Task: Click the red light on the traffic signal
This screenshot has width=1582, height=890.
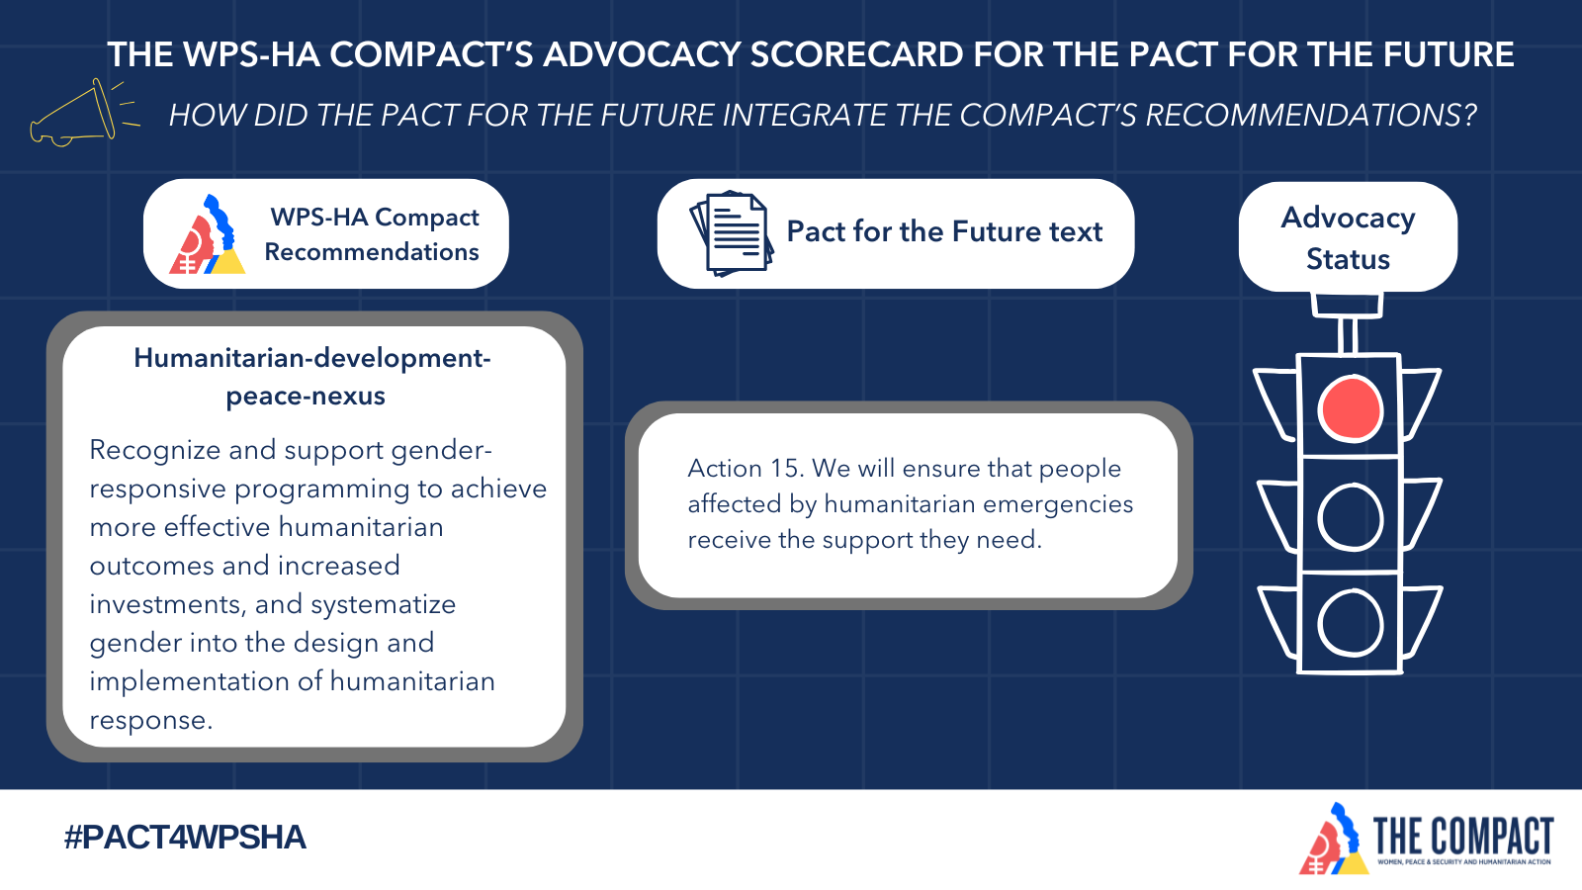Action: click(x=1351, y=409)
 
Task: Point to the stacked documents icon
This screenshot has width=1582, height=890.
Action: click(x=731, y=233)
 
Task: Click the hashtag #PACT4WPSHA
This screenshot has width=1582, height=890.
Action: click(x=185, y=838)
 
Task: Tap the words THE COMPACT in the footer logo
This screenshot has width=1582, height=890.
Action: click(x=1462, y=837)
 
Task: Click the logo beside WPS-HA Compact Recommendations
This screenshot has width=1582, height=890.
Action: click(x=208, y=234)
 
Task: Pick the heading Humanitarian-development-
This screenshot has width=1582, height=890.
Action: click(x=312, y=358)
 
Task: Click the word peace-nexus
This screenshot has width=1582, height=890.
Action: click(x=306, y=397)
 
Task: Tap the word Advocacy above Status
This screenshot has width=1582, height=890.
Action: click(x=1348, y=219)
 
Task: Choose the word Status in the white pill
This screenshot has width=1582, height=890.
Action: click(x=1348, y=259)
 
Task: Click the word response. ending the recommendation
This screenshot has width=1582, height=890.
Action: click(x=150, y=721)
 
